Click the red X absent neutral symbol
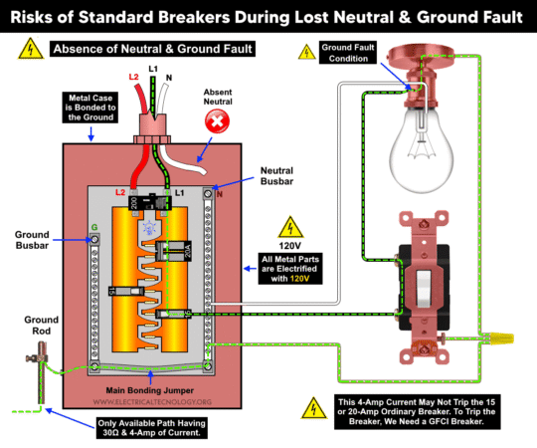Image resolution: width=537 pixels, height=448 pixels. [215, 121]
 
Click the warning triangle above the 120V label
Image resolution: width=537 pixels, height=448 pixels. [288, 226]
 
